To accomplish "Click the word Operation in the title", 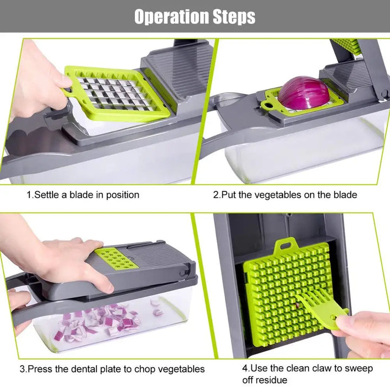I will [x=170, y=16].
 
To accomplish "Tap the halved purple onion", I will [x=303, y=92].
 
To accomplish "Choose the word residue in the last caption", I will [x=272, y=380].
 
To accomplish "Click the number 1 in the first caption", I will [x=29, y=194].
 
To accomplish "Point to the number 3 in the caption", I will [x=22, y=369].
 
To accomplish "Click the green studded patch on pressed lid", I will [x=115, y=259].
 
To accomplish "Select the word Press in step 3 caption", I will [x=40, y=369].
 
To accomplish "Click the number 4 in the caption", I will [x=244, y=368].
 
